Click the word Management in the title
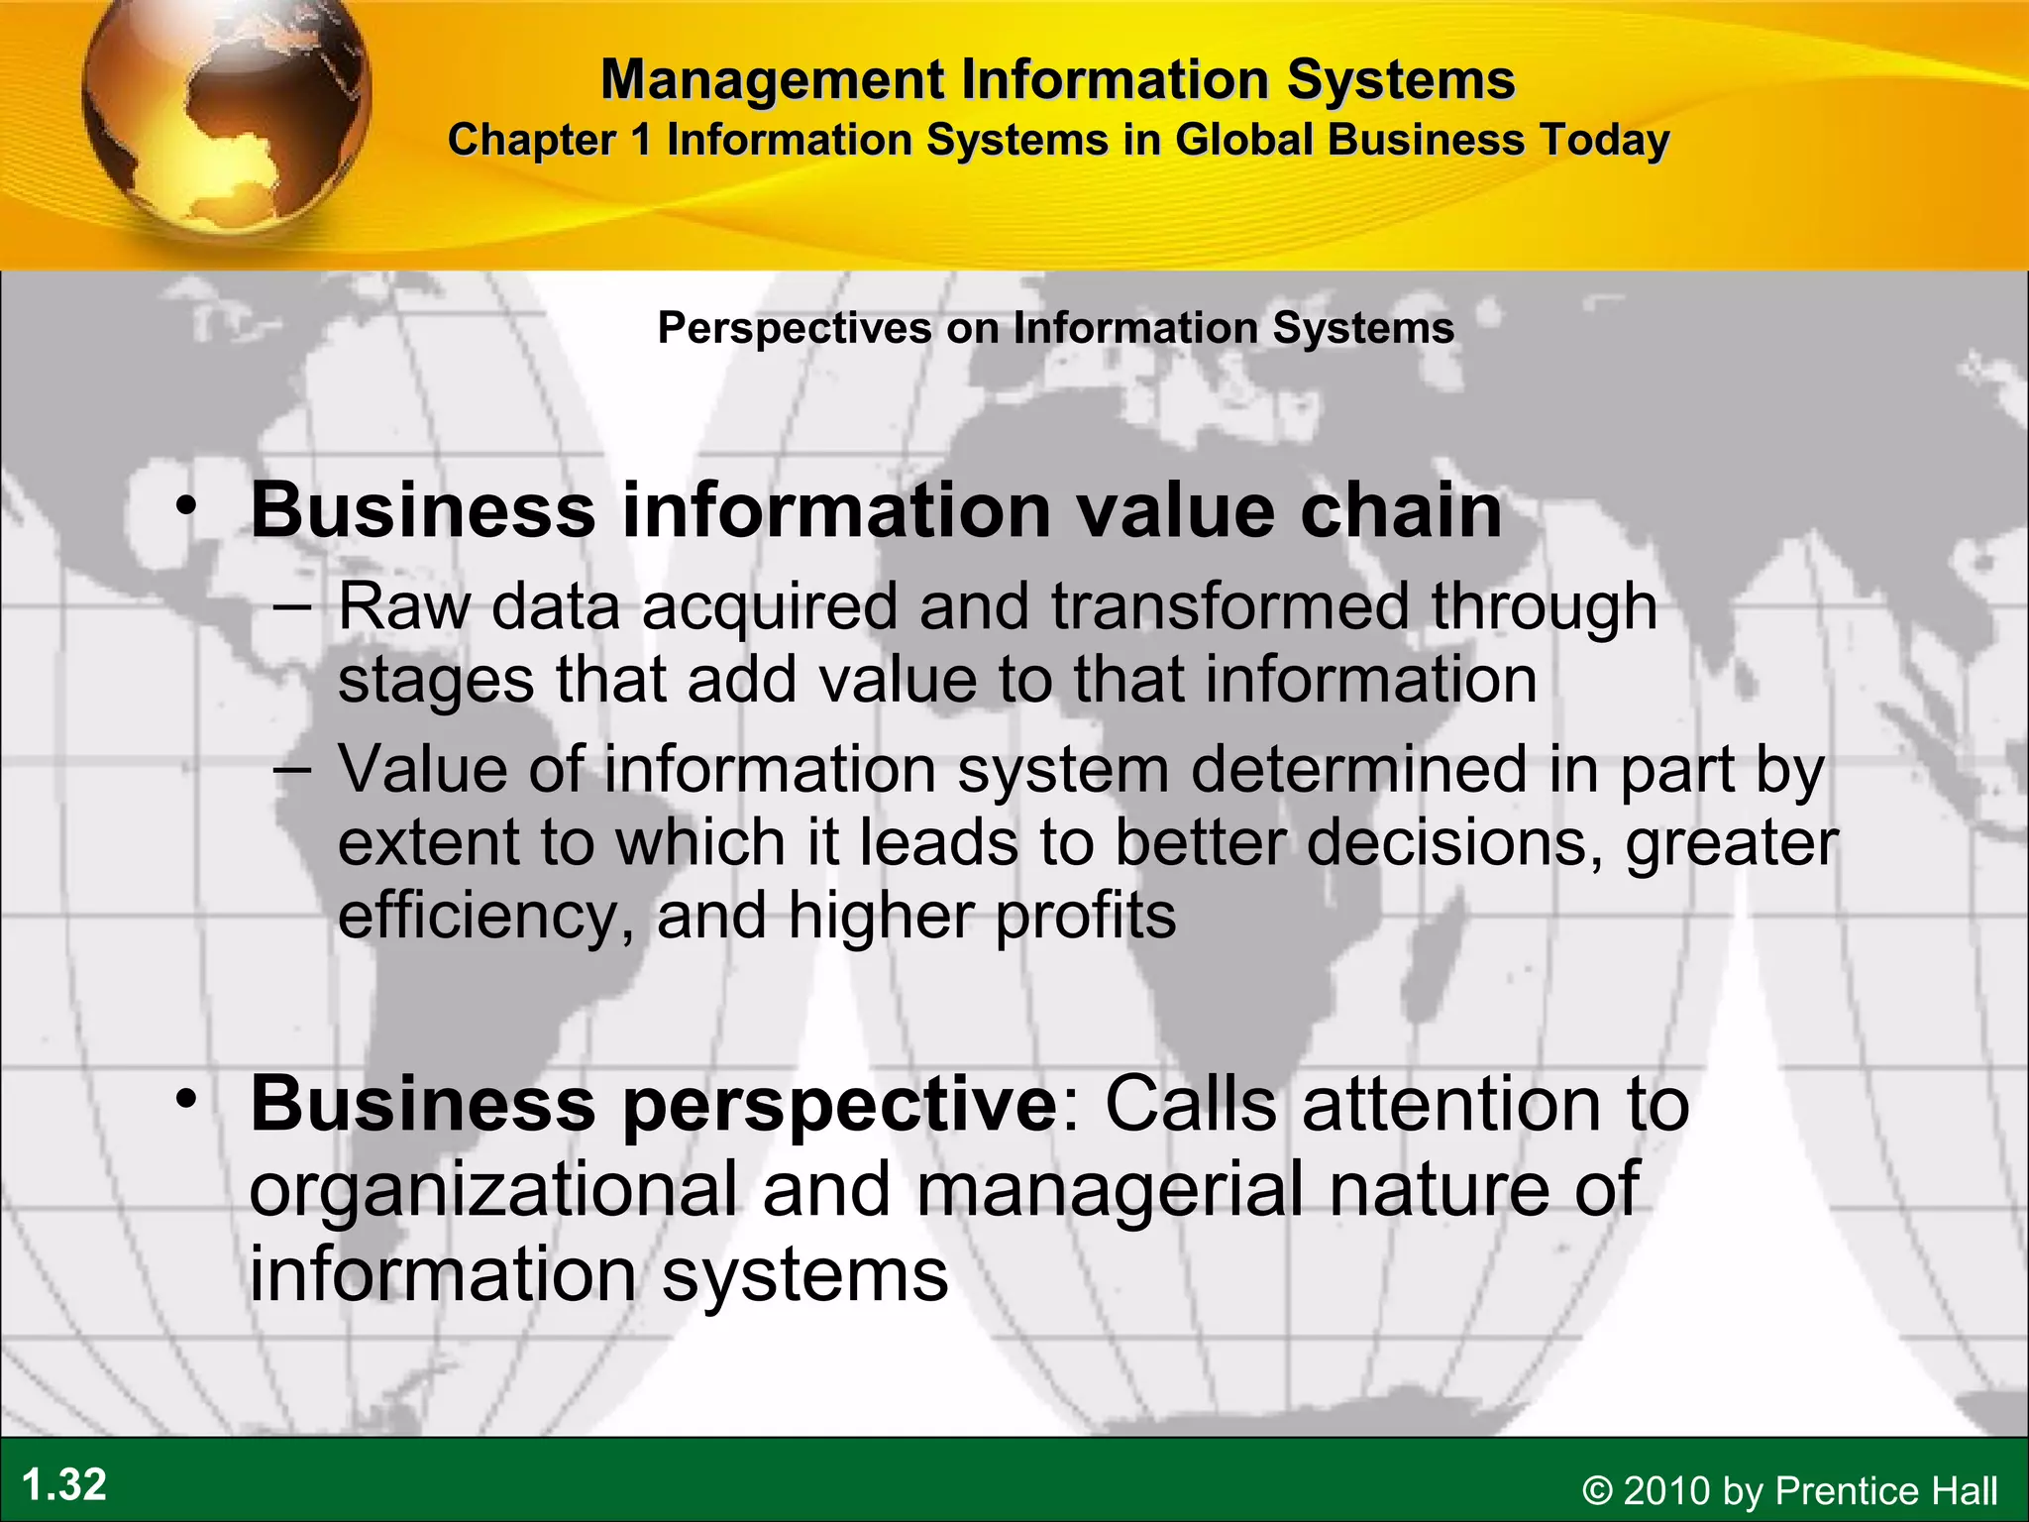coord(772,79)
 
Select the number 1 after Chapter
coord(642,140)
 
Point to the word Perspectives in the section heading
coord(795,328)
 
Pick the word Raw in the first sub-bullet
coord(404,606)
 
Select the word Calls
coord(1190,1104)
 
